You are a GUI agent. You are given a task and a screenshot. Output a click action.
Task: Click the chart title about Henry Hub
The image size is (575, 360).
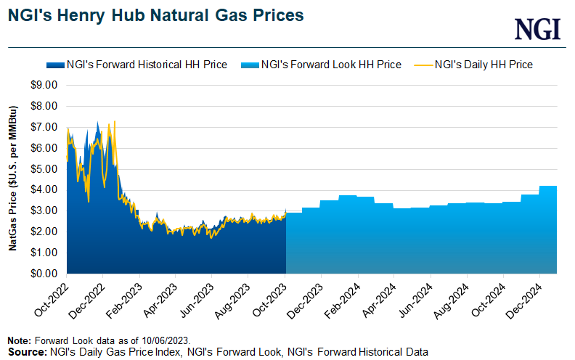156,15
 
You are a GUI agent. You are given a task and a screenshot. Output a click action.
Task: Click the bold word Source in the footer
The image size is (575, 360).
24,351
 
